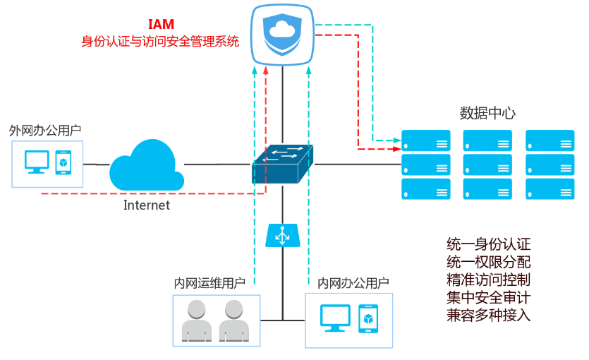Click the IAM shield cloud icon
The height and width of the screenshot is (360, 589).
tap(283, 35)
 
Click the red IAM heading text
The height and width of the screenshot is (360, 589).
tap(161, 25)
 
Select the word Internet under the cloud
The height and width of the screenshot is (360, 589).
tap(147, 205)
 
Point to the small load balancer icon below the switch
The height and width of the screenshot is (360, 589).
tap(282, 236)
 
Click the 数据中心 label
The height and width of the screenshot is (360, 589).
tap(488, 113)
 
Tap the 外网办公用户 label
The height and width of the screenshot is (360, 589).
tap(44, 131)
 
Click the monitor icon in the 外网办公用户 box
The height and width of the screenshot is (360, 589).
tap(36, 162)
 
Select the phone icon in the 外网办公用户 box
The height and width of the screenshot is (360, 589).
tap(63, 162)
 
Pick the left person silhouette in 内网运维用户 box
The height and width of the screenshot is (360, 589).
tap(197, 321)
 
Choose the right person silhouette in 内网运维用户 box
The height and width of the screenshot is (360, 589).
tap(234, 321)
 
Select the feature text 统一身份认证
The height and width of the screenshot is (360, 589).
tap(488, 244)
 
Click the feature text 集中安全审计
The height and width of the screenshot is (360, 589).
tap(488, 297)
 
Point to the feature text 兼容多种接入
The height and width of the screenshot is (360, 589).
tap(488, 315)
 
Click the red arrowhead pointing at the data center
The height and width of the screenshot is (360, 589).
tap(397, 149)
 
